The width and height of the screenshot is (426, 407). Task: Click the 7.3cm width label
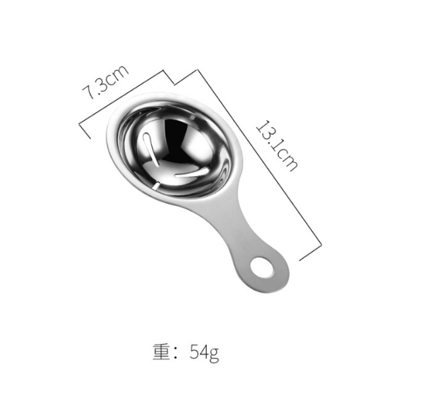coord(105,82)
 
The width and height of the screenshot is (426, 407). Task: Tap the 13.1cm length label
coord(277,146)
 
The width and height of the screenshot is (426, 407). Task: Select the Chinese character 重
coord(161,352)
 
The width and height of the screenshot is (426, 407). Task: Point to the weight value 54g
coord(204,352)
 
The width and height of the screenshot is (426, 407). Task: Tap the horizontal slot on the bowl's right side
coord(192,173)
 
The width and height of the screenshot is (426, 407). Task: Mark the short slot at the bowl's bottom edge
coord(157,186)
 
